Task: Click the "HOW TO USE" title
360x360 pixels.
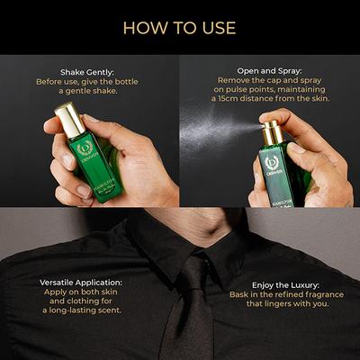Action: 179,27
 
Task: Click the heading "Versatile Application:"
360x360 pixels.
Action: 82,282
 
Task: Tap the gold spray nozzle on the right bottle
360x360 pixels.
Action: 271,133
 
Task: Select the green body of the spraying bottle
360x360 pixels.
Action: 274,175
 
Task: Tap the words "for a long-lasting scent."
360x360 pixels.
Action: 82,310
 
